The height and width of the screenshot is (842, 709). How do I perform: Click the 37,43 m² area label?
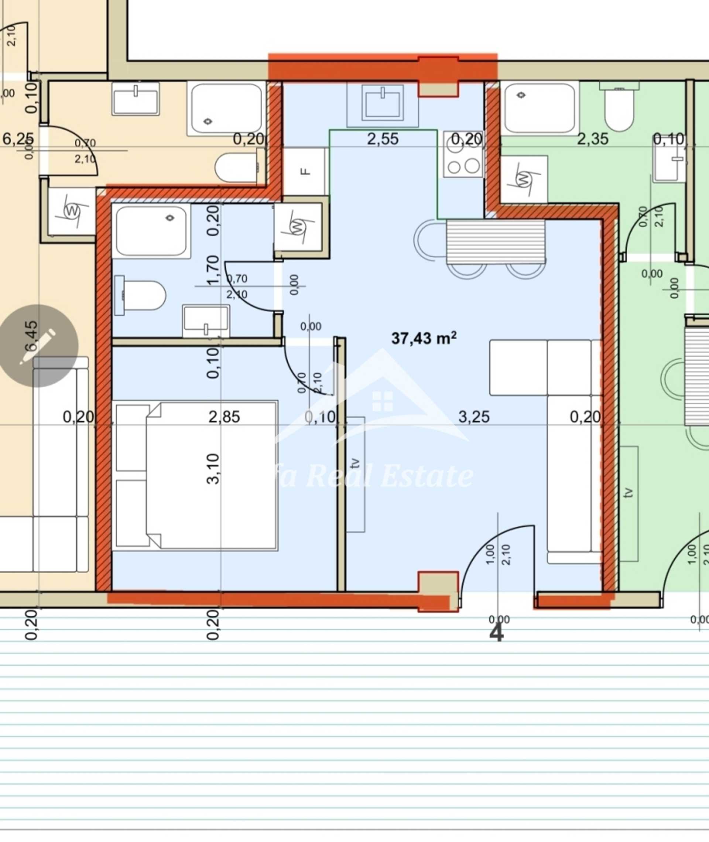tap(424, 338)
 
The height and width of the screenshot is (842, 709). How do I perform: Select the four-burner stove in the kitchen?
tap(463, 155)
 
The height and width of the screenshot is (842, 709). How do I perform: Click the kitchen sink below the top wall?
tap(382, 103)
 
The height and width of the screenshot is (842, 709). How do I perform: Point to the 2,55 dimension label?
tap(383, 139)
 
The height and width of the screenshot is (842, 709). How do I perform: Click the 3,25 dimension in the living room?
tap(474, 417)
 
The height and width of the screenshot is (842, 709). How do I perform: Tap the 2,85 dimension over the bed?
tap(224, 417)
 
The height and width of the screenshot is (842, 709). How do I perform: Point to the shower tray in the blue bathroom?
tap(151, 231)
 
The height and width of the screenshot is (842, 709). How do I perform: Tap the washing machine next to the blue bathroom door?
tap(298, 227)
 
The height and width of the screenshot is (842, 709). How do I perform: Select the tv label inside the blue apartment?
tap(354, 463)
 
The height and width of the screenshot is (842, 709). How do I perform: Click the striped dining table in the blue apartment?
tap(496, 241)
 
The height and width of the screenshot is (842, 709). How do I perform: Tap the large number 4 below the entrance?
tap(496, 634)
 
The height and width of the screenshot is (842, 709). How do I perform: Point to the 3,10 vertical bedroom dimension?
tap(213, 469)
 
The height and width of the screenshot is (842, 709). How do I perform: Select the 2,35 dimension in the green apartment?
tap(592, 139)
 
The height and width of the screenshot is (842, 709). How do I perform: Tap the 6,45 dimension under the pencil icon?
tap(31, 336)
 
